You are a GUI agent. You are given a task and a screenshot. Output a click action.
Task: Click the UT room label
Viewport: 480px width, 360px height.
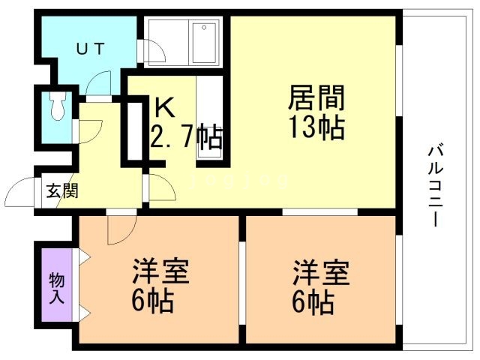point(91,49)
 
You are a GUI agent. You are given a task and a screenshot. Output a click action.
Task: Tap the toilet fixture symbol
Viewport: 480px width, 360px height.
point(58,106)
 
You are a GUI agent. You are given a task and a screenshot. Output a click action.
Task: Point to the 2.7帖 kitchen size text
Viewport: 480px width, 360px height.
point(187,136)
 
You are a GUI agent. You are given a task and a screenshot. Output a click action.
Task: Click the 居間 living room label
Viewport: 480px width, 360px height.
point(316,97)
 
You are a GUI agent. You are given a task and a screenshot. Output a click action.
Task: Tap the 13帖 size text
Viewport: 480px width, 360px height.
point(317,127)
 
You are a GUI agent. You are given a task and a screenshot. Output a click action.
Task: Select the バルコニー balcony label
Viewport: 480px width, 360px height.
point(436,185)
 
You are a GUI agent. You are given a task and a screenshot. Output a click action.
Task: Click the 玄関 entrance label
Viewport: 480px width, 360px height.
point(62,190)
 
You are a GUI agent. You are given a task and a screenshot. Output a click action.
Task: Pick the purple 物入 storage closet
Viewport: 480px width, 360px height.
point(57,285)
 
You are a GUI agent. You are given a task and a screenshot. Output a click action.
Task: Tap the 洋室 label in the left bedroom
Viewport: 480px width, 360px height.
point(160,271)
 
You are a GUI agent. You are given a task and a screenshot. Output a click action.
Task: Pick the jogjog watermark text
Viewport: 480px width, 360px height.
point(239,181)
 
